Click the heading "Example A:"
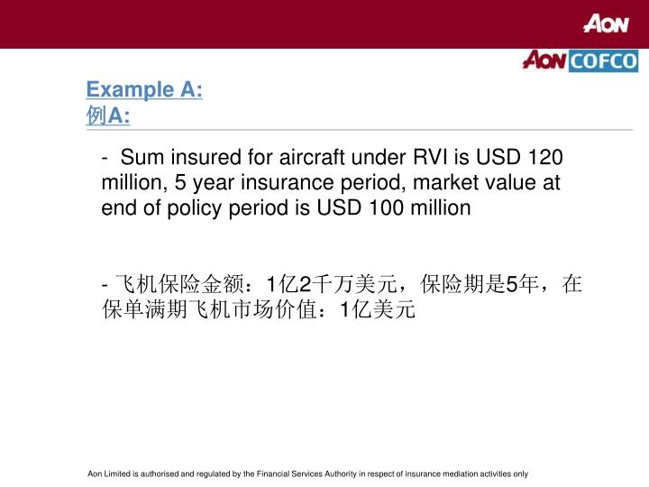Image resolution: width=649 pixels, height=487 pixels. pos(144,90)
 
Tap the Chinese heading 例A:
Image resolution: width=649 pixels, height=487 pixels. pos(108,115)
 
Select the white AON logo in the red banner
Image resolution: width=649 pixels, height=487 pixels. pos(605,24)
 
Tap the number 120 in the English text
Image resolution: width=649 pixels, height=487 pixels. pos(545,157)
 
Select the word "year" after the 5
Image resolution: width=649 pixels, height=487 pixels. pos(210,182)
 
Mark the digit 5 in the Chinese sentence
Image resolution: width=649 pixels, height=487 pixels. pos(512,285)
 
